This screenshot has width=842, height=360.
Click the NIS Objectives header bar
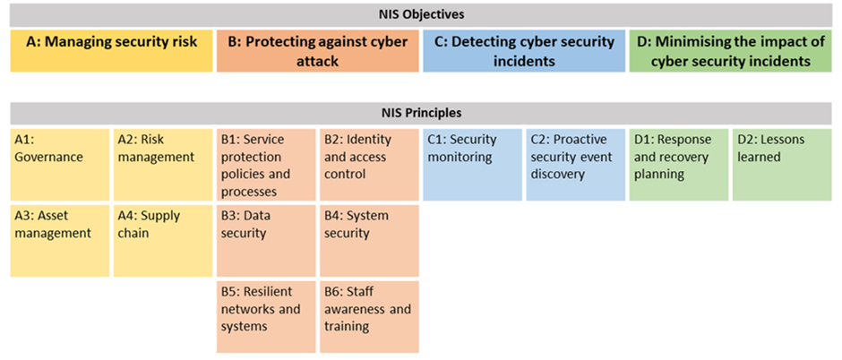[x=420, y=15]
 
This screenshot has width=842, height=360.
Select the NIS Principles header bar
[x=420, y=113]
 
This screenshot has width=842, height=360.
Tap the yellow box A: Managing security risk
[x=111, y=51]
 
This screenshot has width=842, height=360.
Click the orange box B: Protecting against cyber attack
[x=318, y=51]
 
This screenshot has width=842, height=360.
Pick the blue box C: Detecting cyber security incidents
[x=524, y=51]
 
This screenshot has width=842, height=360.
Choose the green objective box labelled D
[x=730, y=51]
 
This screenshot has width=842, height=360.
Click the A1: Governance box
[x=60, y=165]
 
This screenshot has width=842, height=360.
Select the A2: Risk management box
[x=163, y=165]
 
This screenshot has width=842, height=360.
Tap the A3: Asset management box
[x=60, y=241]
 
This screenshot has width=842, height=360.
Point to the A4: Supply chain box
[x=163, y=241]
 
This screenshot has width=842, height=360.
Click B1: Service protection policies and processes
[x=266, y=165]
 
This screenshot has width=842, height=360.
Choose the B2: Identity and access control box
[x=369, y=165]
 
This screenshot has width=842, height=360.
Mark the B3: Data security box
[x=266, y=241]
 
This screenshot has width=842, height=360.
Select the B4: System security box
[x=369, y=241]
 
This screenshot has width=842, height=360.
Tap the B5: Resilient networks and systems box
[x=266, y=317]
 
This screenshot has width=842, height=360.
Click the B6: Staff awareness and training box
[x=369, y=317]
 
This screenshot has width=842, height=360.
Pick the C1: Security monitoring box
[x=473, y=165]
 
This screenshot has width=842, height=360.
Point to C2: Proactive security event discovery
[x=576, y=165]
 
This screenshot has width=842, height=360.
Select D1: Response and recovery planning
[x=679, y=165]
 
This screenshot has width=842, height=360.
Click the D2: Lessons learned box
[x=782, y=165]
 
